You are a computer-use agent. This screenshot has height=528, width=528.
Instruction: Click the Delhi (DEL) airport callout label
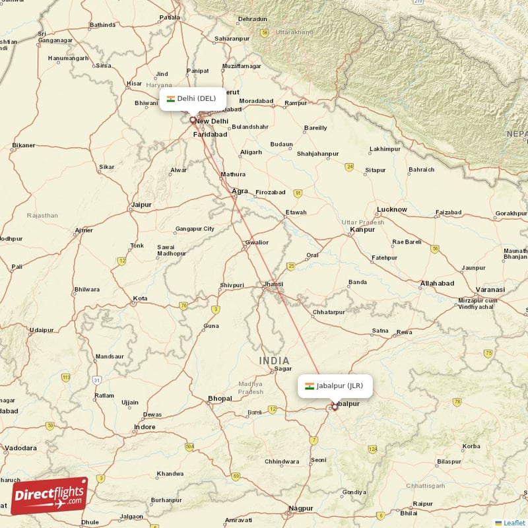point(192,99)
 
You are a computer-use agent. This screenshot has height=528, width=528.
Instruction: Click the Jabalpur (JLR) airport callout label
point(335,386)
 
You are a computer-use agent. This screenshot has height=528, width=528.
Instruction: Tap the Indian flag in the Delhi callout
point(170,99)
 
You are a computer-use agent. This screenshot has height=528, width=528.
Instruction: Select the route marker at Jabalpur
point(335,407)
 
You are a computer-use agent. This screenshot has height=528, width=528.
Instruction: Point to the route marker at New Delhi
point(193,120)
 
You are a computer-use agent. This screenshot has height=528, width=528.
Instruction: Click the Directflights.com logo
point(49,496)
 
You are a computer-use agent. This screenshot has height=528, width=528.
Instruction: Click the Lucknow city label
point(391,210)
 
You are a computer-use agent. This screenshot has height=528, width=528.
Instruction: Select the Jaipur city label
point(141,205)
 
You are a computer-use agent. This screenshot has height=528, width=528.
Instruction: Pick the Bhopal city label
point(220,399)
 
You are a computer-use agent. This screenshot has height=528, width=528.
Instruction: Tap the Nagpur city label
point(300,508)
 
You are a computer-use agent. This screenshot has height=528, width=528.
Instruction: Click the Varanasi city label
point(491,290)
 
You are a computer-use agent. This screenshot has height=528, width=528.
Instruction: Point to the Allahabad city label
point(437,283)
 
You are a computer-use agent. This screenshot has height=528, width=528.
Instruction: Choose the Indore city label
point(145,427)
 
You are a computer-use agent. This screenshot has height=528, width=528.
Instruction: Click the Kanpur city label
point(362,230)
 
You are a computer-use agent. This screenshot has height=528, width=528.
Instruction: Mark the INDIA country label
point(274,360)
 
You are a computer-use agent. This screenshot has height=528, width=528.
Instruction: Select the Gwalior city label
point(256,242)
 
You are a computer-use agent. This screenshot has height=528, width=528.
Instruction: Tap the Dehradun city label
point(253,20)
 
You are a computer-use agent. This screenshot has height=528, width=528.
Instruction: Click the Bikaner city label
point(24,145)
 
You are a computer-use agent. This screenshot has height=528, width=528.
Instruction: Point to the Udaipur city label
point(41,330)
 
